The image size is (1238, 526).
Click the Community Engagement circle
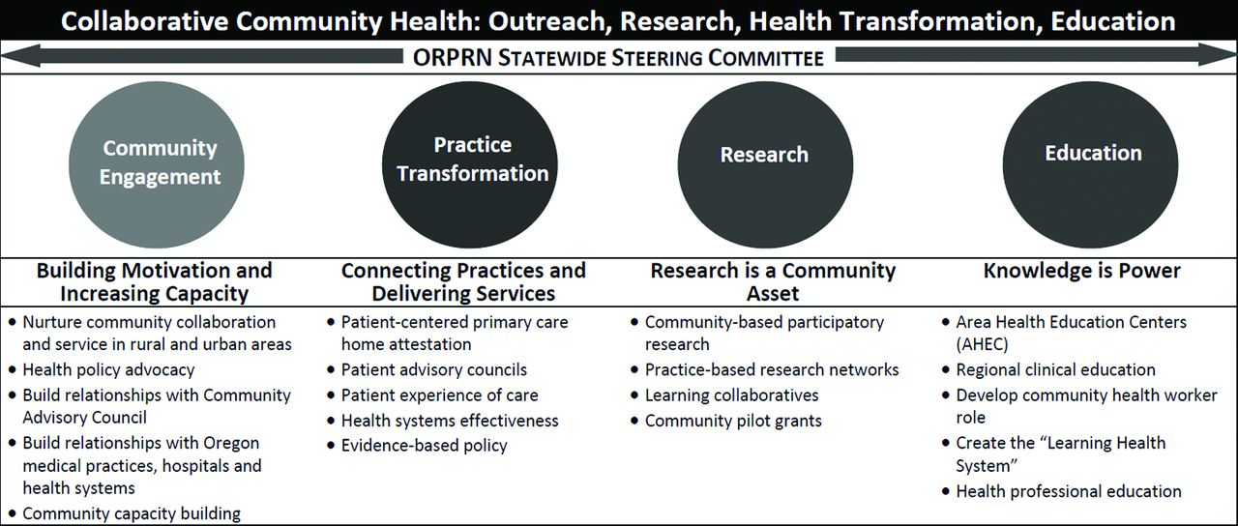coord(157,164)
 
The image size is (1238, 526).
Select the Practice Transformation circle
coord(470,164)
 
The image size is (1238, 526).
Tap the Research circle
coord(765,164)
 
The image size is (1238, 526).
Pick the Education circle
coord(1090,164)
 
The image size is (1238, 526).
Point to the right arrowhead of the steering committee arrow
coord(1217,55)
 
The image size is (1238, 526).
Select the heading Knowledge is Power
coord(1081,271)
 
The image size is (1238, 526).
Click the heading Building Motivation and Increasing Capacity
coord(154,281)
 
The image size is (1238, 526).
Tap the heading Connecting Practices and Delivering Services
coord(463,281)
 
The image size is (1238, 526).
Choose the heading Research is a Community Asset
coord(773,281)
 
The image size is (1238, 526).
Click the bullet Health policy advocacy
coord(108,369)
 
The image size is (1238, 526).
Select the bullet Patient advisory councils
coord(434,369)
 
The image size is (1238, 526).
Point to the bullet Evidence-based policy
coord(424,446)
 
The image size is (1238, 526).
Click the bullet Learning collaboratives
coord(732,395)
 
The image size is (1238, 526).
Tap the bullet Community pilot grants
coord(733,421)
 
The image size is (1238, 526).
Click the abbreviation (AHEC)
coord(982,344)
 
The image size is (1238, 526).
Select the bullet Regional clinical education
coord(1055,369)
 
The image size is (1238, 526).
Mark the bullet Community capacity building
coord(132,513)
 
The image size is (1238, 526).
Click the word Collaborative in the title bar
coord(144,21)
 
